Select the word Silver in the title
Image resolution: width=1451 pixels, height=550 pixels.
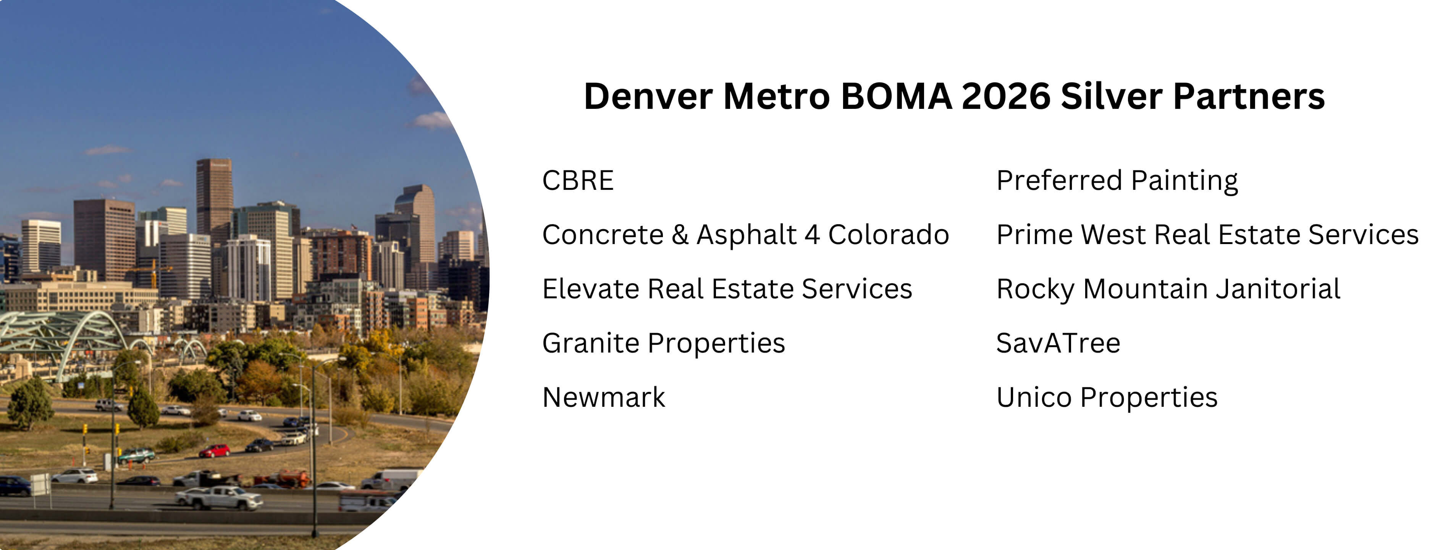coord(1111,96)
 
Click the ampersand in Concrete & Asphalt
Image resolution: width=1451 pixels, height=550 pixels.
coord(680,235)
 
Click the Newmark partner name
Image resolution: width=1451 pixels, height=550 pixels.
coord(604,397)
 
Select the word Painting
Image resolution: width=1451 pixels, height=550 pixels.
coord(1184,181)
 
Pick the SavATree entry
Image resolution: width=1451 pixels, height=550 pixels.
coord(1058,343)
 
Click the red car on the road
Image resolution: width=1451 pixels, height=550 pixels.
coord(215,450)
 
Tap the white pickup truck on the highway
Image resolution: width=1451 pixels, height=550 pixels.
coord(219,497)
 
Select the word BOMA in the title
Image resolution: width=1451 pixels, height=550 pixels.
coord(896,96)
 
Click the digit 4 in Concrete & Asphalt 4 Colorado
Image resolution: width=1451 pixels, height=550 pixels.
coord(812,235)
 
